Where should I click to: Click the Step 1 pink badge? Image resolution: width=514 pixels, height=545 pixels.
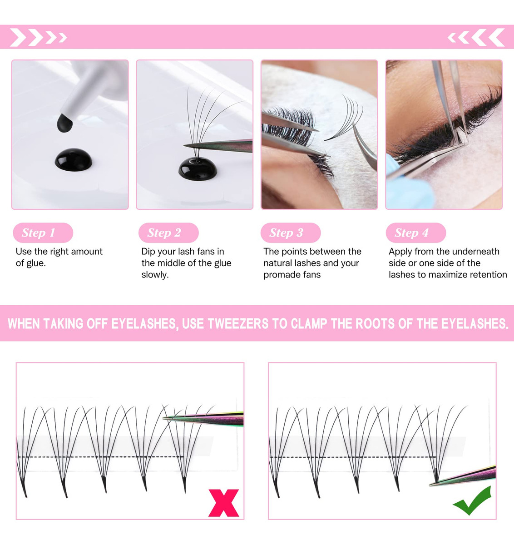(43, 233)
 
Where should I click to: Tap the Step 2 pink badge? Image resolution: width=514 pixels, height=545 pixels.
(168, 233)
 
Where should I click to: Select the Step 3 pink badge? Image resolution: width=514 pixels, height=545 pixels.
(291, 233)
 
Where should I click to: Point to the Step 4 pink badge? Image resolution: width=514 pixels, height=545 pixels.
(416, 233)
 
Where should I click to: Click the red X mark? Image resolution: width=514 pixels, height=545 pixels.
(224, 503)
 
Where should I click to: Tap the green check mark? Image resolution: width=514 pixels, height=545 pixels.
(473, 500)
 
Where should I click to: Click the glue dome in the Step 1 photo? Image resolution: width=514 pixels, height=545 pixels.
(73, 160)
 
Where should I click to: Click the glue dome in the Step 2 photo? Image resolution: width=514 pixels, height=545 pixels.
(198, 168)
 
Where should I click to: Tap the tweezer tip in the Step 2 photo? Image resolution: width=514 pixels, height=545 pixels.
(184, 145)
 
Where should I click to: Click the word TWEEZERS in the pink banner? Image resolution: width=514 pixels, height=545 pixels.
(238, 323)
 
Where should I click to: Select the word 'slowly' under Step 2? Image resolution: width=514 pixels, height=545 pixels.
(155, 275)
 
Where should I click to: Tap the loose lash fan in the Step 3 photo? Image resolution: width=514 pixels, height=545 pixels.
(344, 118)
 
